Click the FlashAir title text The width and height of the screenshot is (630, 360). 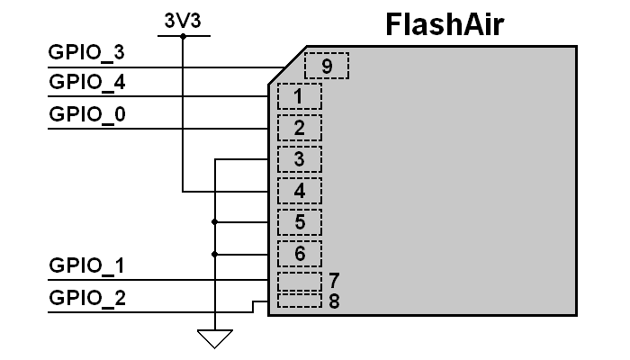(445, 23)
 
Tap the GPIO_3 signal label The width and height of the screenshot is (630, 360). (86, 53)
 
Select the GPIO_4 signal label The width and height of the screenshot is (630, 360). (86, 83)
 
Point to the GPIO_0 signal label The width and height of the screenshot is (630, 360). (86, 114)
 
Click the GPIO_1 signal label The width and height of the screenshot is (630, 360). (86, 265)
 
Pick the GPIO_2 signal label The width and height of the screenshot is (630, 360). (86, 297)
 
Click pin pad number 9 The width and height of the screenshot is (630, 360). (326, 67)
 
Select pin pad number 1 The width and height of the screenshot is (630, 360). (299, 96)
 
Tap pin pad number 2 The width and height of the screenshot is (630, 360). (299, 128)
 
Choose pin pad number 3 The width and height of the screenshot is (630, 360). (299, 159)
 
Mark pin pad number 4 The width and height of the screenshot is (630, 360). (299, 191)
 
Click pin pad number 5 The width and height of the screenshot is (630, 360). (299, 221)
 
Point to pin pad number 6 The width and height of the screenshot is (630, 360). (299, 254)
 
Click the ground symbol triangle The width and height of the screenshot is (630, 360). (215, 338)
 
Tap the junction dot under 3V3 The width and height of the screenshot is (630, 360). (184, 37)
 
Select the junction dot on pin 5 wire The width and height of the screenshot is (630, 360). (215, 221)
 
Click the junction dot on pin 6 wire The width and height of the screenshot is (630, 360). (215, 254)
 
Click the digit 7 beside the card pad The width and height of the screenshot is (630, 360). (334, 280)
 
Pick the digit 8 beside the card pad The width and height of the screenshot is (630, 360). (334, 301)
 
